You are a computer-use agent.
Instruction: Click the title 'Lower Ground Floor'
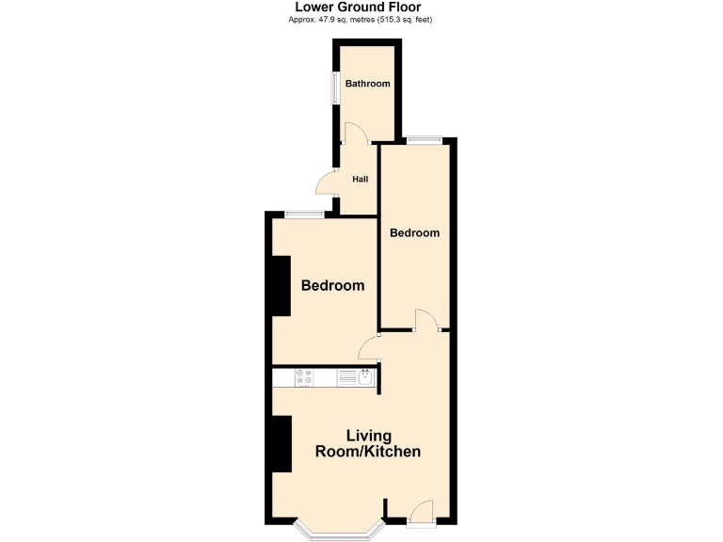click(361, 8)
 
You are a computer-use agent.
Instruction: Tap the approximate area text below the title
click(361, 20)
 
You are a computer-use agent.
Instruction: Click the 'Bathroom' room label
click(367, 84)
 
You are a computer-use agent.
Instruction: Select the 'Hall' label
click(360, 179)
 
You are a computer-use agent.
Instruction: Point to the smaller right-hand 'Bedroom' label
click(414, 232)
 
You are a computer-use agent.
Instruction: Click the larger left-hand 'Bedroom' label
click(332, 285)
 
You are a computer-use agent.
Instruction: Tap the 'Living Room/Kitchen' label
click(367, 443)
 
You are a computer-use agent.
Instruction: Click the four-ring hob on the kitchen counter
click(304, 377)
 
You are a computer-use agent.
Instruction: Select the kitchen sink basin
click(365, 377)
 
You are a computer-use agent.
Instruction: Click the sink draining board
click(346, 377)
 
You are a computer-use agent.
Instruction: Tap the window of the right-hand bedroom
click(424, 140)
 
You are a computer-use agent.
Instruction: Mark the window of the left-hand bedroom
click(304, 214)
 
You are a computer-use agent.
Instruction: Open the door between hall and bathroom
click(352, 135)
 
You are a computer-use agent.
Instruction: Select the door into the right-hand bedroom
click(426, 320)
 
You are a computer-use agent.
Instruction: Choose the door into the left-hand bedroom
click(368, 349)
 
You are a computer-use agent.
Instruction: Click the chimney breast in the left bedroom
click(281, 285)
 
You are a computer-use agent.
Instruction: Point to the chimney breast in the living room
click(281, 443)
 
